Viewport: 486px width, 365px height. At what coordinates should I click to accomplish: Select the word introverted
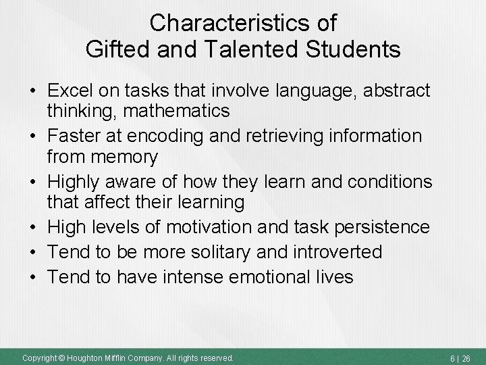(x=337, y=252)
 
